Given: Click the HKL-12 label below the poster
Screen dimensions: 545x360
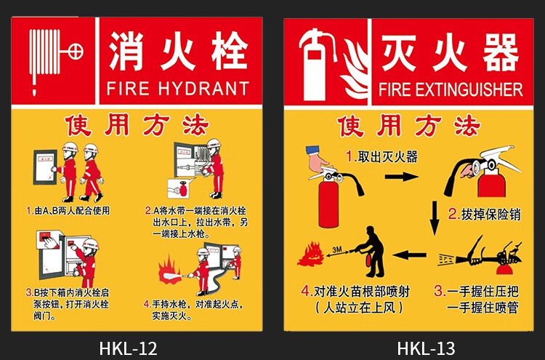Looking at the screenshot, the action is [x=128, y=348].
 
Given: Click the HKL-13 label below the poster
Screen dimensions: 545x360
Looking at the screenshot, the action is [x=426, y=348].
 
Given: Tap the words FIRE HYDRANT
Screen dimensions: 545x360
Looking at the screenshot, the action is [x=178, y=88].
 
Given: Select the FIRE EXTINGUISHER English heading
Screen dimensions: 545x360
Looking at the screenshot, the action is [x=451, y=89].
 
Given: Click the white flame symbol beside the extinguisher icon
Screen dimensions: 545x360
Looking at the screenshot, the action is [x=355, y=69].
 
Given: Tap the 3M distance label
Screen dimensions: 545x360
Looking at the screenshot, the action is [x=336, y=249].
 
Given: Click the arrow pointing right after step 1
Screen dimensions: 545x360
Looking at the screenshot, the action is [x=401, y=176].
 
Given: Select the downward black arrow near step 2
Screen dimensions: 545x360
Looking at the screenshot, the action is [x=434, y=217].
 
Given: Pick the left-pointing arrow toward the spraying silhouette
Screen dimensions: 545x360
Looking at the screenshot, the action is [x=409, y=255].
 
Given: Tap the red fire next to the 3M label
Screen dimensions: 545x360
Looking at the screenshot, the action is [x=311, y=255].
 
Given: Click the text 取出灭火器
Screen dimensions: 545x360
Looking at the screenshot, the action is [x=387, y=157].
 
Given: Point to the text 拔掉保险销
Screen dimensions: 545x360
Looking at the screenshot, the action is [x=490, y=215].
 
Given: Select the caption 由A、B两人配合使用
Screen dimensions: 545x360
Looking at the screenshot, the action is [x=72, y=210].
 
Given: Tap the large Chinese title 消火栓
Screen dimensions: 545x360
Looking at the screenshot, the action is [x=178, y=51].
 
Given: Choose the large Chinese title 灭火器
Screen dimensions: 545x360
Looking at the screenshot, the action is [x=451, y=52].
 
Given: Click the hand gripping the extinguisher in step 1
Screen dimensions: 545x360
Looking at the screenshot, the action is [x=319, y=161].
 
